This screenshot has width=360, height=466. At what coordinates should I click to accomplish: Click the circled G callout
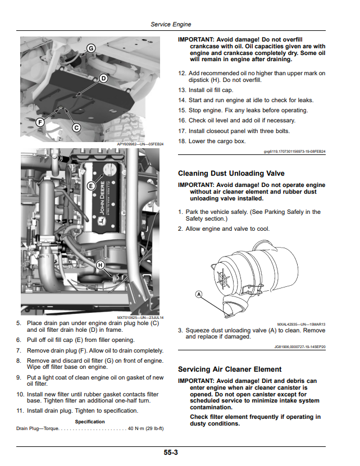90,48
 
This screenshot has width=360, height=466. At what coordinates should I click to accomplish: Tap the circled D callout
103,79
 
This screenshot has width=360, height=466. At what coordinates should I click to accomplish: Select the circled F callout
40,122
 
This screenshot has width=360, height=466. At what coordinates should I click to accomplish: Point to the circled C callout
76,127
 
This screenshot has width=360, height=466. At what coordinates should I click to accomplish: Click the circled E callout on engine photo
91,186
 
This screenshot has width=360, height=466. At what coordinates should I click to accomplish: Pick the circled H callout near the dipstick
101,265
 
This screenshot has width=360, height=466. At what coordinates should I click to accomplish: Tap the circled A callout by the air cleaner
199,294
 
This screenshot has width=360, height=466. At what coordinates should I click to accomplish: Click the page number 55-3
171,453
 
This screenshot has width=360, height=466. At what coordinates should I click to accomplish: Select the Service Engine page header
171,24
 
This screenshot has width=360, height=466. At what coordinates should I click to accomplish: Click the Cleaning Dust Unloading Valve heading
231,173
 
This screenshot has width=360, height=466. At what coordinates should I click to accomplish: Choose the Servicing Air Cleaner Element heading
230,369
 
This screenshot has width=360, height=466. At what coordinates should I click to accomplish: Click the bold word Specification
90,422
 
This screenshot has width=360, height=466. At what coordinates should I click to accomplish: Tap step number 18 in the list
182,141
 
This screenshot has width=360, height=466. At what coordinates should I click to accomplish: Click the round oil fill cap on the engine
110,170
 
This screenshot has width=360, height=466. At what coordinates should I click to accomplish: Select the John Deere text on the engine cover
102,198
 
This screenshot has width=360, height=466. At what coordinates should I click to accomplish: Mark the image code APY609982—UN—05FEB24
140,144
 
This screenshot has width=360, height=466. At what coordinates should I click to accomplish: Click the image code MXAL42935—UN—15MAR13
301,325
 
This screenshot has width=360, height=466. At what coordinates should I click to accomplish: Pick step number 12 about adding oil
182,73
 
